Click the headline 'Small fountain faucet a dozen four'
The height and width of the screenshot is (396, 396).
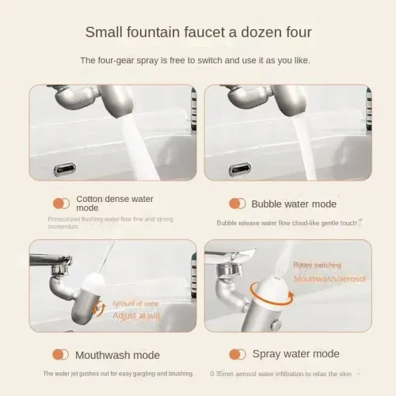tap(198, 32)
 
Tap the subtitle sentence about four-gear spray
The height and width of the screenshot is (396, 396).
tap(198, 60)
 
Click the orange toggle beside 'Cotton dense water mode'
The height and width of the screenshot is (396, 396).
tap(60, 204)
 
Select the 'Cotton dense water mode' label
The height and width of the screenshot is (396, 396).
tap(114, 204)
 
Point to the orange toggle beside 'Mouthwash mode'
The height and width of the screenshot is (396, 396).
tap(60, 355)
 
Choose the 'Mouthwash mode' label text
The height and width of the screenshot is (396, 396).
tap(117, 355)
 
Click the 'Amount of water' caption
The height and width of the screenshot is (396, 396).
tap(136, 303)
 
